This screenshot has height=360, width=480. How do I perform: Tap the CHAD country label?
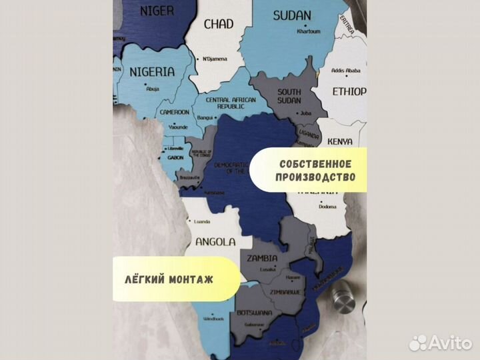coord(218,25)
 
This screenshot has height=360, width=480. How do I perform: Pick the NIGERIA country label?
coord(152,71)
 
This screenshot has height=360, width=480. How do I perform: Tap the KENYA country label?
coord(340,141)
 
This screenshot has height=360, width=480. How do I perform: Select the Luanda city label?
coord(201,221)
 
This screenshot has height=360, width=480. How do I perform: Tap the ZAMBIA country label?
coord(263,257)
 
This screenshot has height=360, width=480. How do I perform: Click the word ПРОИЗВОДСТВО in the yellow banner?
coord(313,178)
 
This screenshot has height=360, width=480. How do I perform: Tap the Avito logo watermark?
coord(441,343)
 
